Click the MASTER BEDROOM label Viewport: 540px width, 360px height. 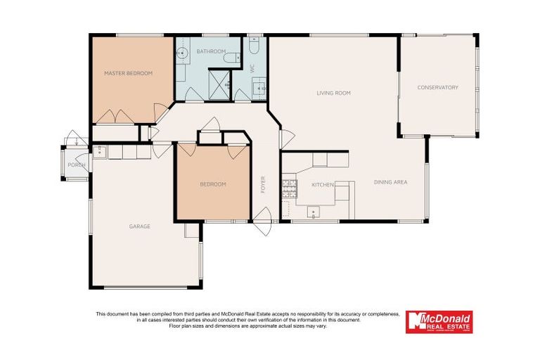coord(128,73)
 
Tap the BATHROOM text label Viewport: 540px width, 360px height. coord(210,51)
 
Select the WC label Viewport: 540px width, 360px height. coord(251,68)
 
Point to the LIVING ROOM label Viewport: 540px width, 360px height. coord(333,93)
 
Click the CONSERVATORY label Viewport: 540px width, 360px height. coord(437,87)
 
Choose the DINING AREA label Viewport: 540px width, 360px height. coord(390,182)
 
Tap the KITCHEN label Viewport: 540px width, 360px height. coord(323,184)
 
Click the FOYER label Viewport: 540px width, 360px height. coord(264,184)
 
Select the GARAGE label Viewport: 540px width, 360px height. coord(139,226)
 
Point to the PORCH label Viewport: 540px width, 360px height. coord(76,165)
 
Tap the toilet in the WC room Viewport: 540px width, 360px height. coord(254,46)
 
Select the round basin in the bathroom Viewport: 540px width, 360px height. coord(182,52)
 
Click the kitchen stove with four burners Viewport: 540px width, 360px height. coord(288,186)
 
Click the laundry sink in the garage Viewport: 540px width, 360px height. coord(100,150)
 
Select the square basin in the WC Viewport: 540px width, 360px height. coord(258,88)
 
